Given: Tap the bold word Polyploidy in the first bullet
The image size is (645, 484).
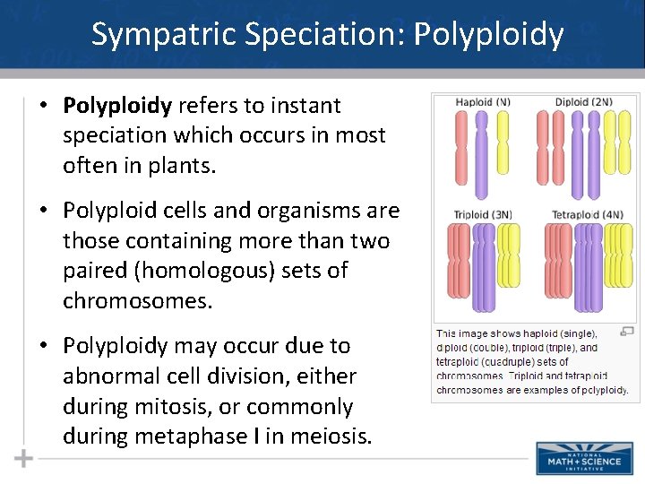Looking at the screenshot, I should coord(117,106).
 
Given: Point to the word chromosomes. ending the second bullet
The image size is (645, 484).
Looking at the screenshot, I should coord(137,301).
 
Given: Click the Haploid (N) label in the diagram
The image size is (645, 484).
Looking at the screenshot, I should coord(483,102).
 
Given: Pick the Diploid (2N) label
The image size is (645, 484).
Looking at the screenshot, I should coord(583,102).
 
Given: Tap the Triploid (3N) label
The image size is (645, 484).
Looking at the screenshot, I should coord(483,214).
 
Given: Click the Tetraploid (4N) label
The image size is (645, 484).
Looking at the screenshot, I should coord(587,214).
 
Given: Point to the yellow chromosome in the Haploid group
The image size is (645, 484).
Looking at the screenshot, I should coord(502,143).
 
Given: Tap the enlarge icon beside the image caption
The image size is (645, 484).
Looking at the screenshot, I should coord(626,331).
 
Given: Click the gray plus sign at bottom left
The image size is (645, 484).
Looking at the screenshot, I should coord(23,459).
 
